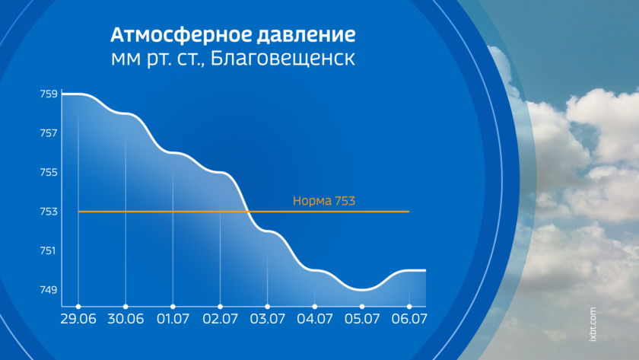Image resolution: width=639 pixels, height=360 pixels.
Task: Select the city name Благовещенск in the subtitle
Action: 283,59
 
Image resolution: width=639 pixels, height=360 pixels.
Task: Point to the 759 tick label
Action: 49,94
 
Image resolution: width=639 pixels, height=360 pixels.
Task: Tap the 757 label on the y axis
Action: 49,133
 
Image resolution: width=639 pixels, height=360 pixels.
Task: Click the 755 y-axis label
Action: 49,172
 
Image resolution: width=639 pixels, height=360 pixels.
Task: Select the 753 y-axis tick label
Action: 49,211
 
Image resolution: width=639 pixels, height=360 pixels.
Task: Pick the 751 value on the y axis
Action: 49,250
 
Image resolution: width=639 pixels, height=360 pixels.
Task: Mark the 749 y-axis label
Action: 49,290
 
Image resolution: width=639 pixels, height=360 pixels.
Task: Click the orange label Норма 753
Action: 324,201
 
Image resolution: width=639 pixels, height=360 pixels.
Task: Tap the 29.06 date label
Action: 78,319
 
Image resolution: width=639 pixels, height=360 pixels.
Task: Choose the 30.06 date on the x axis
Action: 126,319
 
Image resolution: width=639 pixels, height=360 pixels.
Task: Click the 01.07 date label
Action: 173,319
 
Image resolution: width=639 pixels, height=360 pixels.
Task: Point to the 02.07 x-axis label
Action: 220,319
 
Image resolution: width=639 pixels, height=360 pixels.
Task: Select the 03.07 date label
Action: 267,319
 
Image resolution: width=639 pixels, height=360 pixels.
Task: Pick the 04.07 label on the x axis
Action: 315,319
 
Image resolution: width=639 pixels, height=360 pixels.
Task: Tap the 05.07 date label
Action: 362,319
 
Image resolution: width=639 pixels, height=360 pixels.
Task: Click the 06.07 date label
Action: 409,319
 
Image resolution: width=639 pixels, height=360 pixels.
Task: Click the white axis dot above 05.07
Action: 362,307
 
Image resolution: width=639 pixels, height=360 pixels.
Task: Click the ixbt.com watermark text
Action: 593,324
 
